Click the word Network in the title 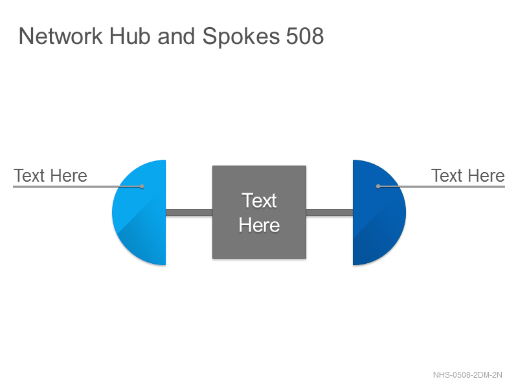click(x=60, y=36)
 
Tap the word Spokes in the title click(x=241, y=37)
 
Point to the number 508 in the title click(x=304, y=36)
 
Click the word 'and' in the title click(x=176, y=36)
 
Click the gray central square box click(x=260, y=212)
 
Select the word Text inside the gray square click(x=259, y=200)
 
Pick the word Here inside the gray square click(x=260, y=225)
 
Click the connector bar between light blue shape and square click(x=189, y=213)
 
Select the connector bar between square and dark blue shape click(x=330, y=213)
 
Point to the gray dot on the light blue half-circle click(x=142, y=186)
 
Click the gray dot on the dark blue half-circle click(x=378, y=186)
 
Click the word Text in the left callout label click(x=28, y=175)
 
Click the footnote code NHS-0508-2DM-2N click(x=467, y=375)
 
